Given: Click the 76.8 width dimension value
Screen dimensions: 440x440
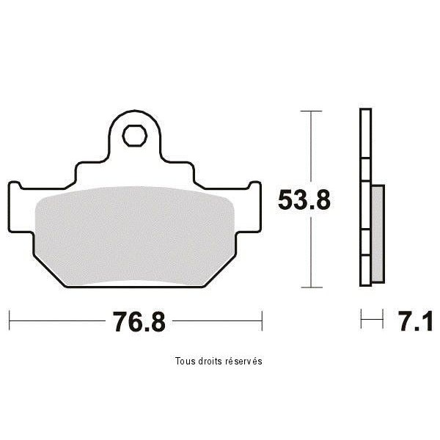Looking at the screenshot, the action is [x=139, y=322].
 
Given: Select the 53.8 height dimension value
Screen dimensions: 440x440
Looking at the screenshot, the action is [x=304, y=199].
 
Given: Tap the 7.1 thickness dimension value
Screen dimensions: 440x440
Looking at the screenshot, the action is [x=416, y=322].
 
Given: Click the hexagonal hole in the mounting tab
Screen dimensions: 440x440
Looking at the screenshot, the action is [x=135, y=136].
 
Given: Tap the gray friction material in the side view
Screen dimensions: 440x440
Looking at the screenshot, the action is [x=378, y=233].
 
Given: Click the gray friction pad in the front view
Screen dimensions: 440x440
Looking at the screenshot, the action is [x=134, y=236].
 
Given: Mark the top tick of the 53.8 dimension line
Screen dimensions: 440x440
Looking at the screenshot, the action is [x=311, y=111].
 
